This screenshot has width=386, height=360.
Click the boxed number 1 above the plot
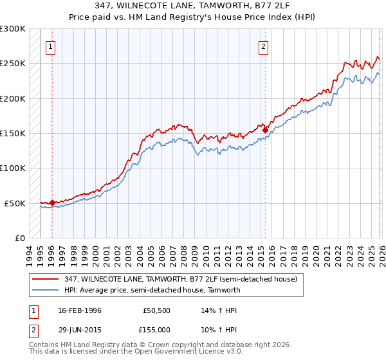(x=51, y=46)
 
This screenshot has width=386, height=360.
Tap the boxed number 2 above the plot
(x=264, y=46)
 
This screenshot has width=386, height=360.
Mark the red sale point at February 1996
(x=51, y=203)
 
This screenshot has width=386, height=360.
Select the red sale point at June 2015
(x=265, y=130)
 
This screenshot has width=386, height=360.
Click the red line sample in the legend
(x=46, y=279)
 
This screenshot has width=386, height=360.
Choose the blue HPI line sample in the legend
(x=46, y=290)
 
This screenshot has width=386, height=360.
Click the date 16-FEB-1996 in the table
(x=80, y=310)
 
